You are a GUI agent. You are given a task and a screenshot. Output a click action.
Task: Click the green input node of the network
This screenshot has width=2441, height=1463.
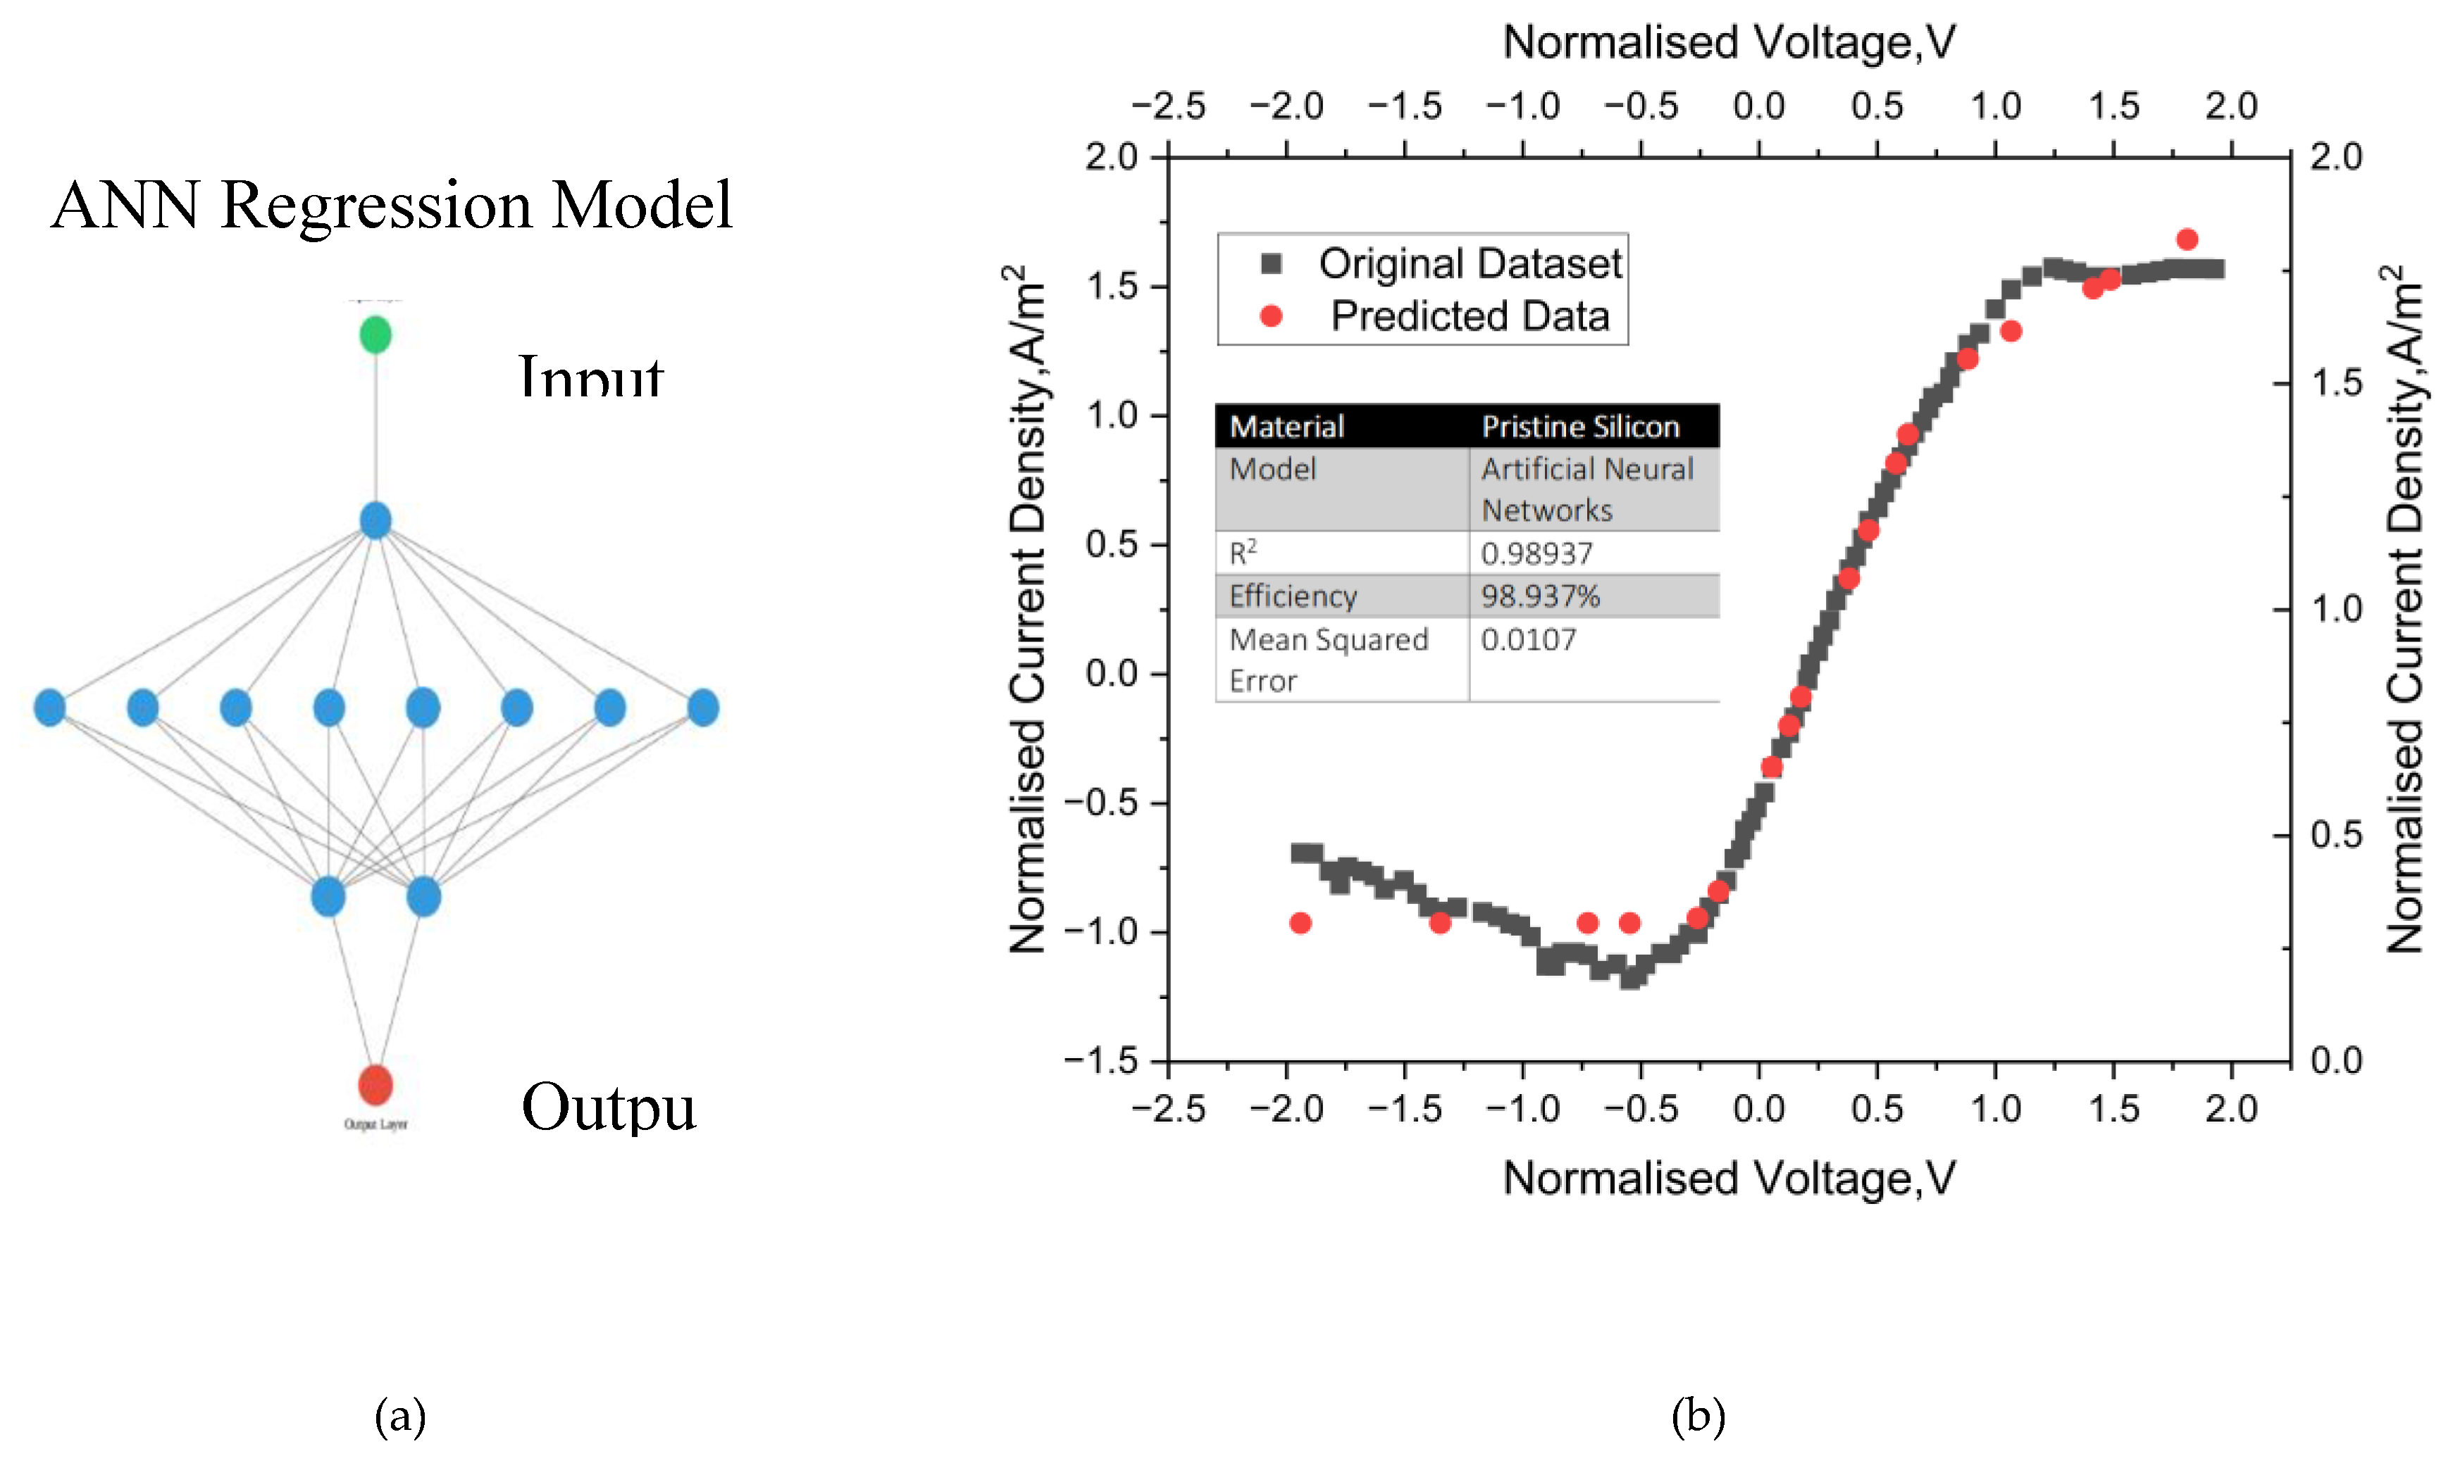(x=375, y=334)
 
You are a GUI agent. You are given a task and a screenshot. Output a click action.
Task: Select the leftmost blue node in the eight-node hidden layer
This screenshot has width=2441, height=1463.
(x=49, y=707)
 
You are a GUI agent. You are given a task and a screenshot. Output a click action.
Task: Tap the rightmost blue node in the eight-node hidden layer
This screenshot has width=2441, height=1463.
(x=702, y=707)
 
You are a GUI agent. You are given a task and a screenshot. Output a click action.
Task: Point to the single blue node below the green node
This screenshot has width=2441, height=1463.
(x=375, y=520)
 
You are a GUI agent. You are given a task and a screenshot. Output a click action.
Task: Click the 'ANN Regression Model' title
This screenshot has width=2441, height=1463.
(x=392, y=205)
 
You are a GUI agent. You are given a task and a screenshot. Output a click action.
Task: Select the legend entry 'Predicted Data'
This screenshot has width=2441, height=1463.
(x=1469, y=316)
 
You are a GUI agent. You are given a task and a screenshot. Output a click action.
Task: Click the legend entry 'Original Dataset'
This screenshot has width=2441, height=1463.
(x=1470, y=263)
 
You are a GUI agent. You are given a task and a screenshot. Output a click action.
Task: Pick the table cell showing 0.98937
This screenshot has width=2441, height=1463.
(x=1536, y=554)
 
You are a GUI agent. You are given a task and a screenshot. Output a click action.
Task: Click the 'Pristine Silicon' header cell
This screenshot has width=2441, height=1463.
(x=1580, y=426)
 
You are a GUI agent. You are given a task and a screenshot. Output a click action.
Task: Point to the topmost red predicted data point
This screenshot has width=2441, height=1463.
(x=2187, y=239)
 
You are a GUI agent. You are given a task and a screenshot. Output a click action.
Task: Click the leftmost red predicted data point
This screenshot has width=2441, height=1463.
(x=1300, y=923)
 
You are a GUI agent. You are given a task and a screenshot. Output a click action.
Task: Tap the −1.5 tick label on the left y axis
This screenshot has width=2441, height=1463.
(x=1100, y=1061)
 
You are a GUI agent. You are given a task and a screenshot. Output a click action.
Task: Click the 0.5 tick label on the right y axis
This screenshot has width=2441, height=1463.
(x=2335, y=835)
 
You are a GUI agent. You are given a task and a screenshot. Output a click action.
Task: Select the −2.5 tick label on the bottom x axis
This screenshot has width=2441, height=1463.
(x=1168, y=1109)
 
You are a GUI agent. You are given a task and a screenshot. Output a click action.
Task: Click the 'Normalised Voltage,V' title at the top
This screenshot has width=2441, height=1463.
(x=1728, y=42)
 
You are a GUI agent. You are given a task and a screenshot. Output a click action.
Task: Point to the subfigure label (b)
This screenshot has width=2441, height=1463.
(x=1697, y=1416)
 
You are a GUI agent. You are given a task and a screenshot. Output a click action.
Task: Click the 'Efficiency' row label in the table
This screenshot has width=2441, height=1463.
(x=1292, y=596)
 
